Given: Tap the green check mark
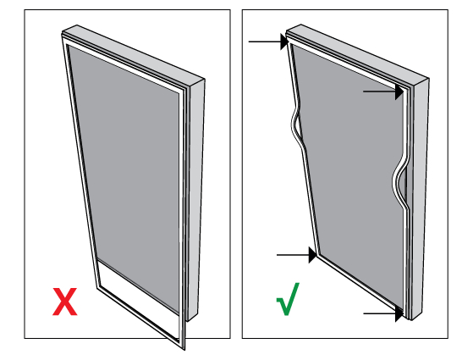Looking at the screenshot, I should pos(289,303).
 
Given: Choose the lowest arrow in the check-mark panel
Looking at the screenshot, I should pos(382,314).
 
